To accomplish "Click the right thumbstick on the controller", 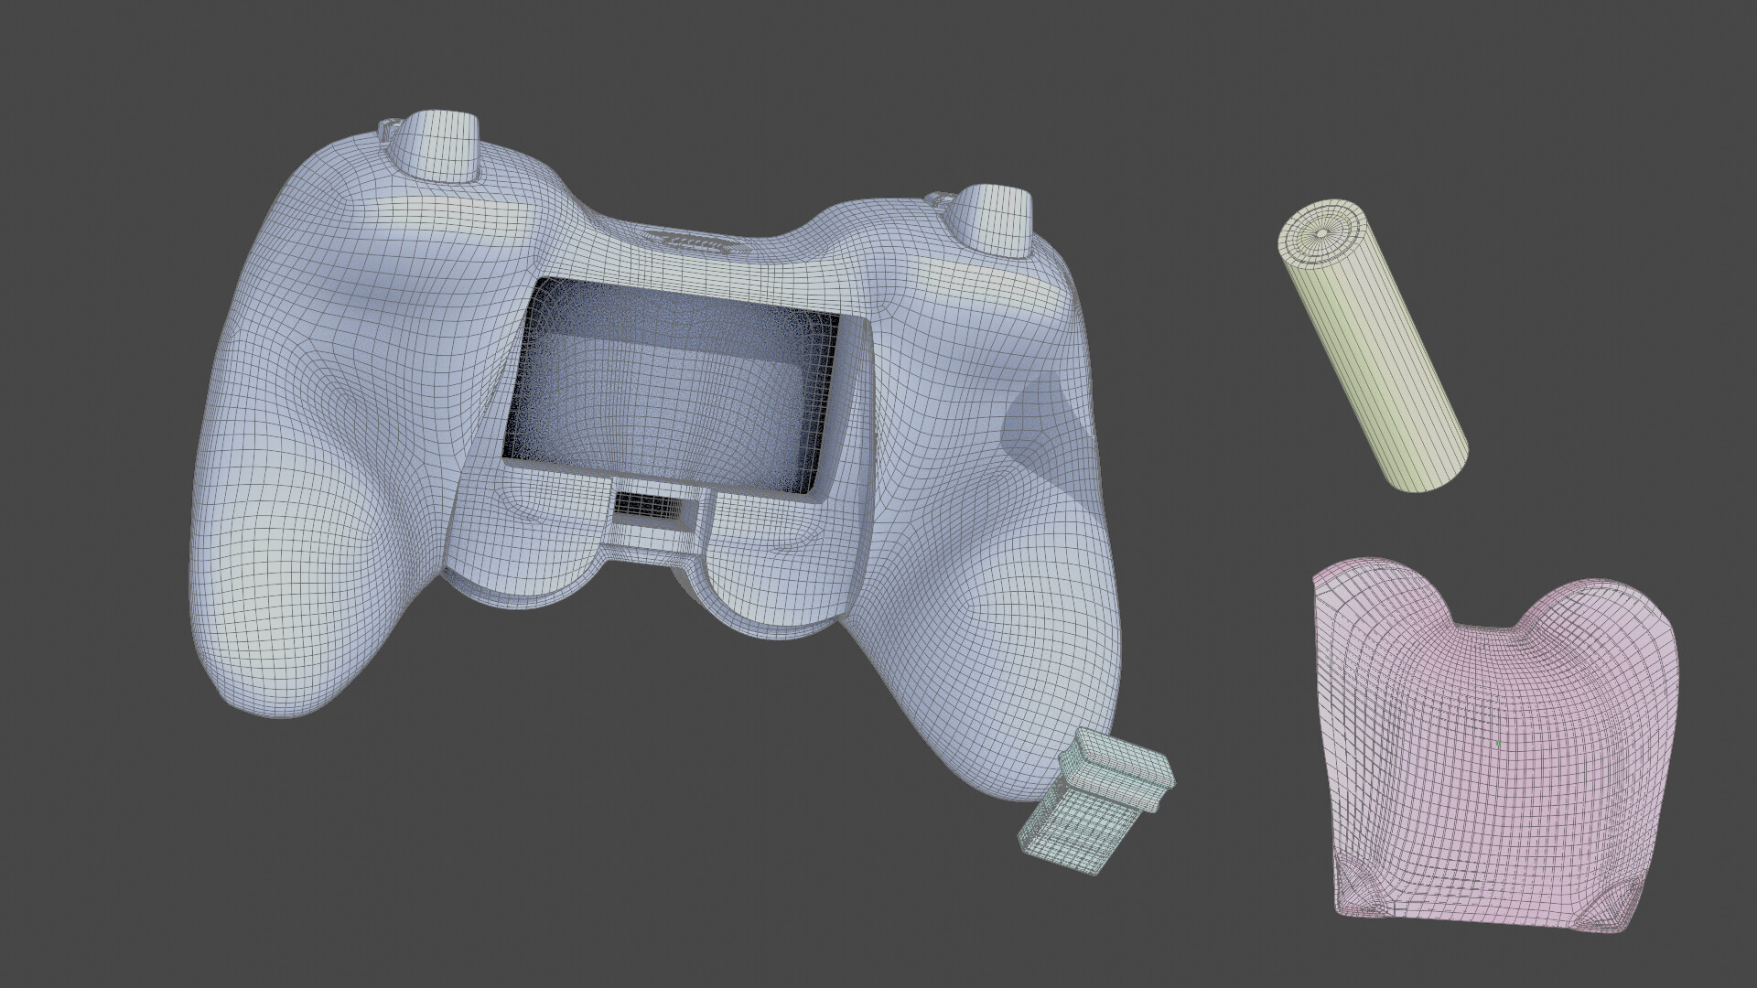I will (x=993, y=220).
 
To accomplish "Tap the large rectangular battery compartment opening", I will (x=673, y=389).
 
